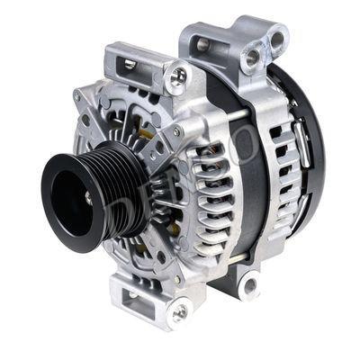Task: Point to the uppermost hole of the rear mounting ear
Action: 276,39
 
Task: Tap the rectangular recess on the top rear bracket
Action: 203,43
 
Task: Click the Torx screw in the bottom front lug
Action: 179,311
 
